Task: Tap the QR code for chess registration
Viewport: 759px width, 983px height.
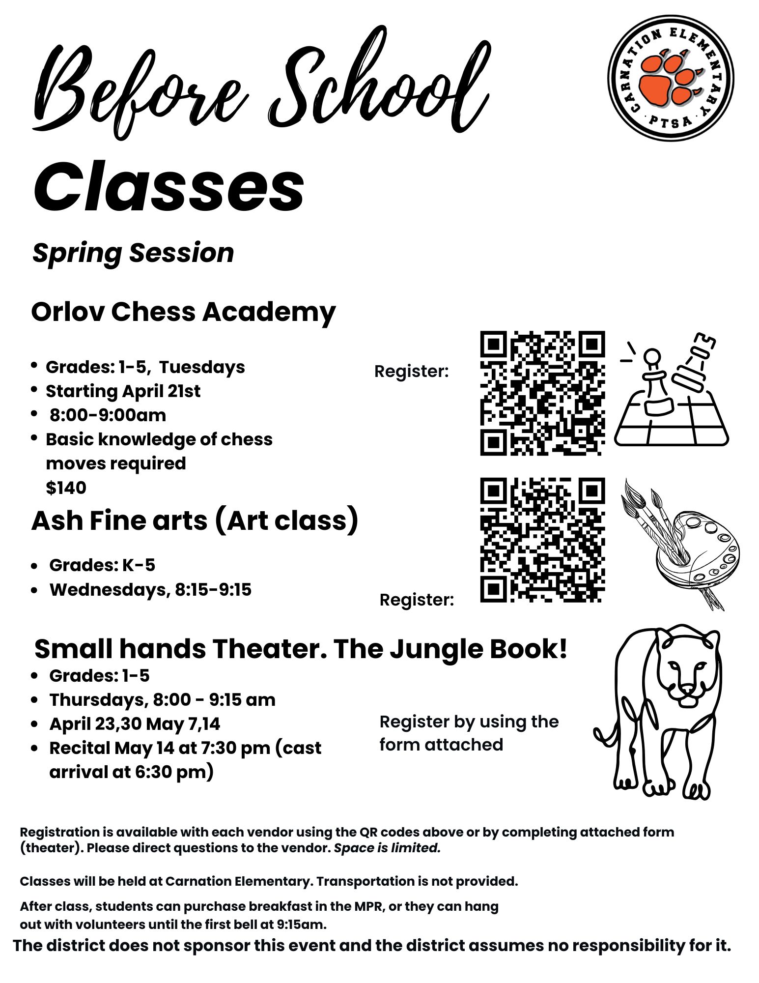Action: (x=542, y=393)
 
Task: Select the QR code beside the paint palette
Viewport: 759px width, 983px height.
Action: (x=542, y=540)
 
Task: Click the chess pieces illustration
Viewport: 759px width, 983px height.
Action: (x=671, y=391)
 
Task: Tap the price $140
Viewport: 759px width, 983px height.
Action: (x=66, y=488)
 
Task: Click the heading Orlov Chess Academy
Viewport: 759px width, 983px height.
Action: (x=183, y=312)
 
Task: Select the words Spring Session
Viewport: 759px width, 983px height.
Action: (x=133, y=253)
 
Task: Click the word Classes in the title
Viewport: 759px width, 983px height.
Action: (x=169, y=187)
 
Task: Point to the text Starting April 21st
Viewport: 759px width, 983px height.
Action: (x=123, y=391)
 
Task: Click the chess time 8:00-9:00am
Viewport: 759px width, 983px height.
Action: (x=108, y=415)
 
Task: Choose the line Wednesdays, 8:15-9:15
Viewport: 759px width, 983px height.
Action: (x=150, y=589)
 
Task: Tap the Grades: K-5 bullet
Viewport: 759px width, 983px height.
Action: (x=102, y=565)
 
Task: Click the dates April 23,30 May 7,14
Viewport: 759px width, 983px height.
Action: (x=135, y=723)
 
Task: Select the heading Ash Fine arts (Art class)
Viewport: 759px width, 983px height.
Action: (x=195, y=521)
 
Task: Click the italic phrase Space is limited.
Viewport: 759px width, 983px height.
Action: (x=387, y=848)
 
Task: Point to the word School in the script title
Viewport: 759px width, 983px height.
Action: (x=378, y=84)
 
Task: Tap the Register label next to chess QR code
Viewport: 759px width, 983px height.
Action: (x=412, y=371)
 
